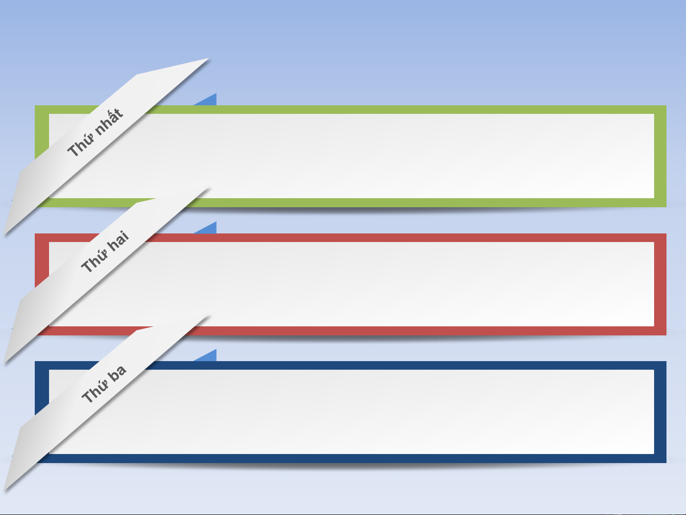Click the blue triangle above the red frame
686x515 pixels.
[209, 229]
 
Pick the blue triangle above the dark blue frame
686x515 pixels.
[209, 356]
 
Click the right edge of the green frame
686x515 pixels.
[660, 156]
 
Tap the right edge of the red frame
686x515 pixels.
[660, 284]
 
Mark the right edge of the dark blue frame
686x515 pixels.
[660, 412]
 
